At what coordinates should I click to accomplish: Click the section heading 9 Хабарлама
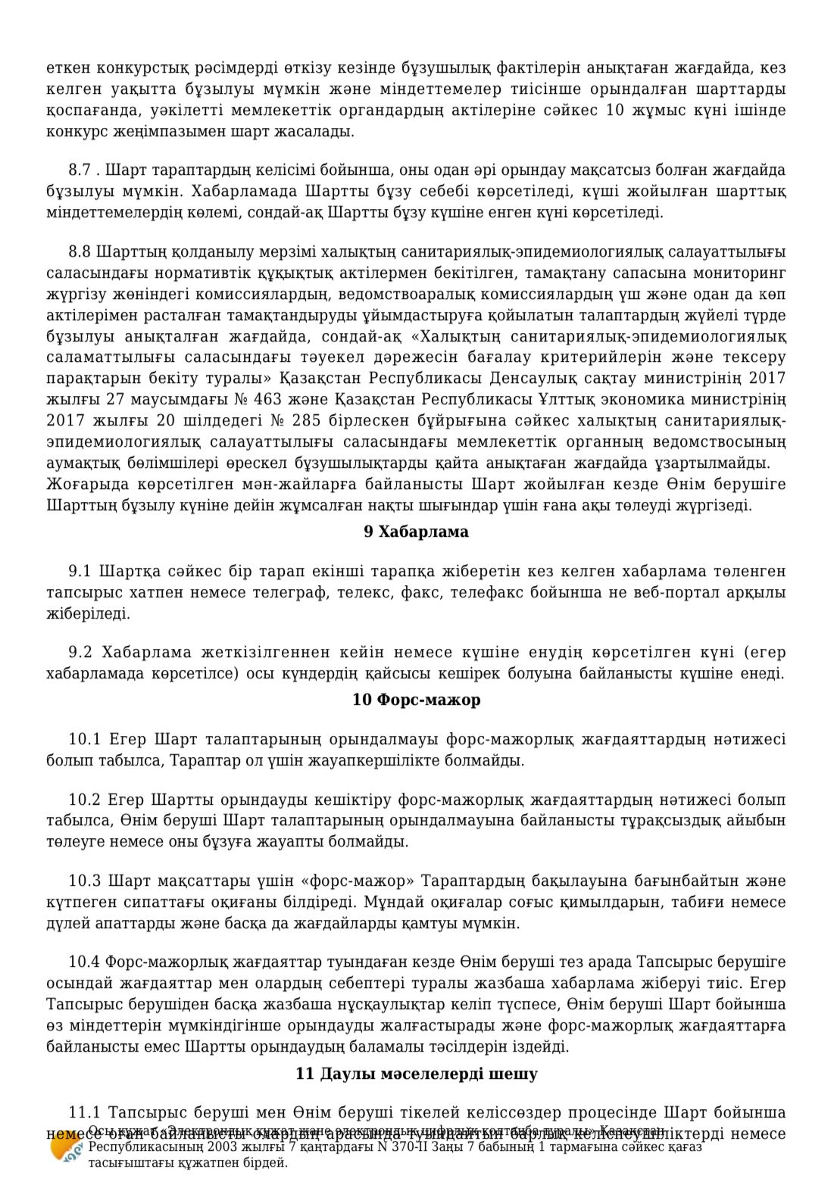point(416,532)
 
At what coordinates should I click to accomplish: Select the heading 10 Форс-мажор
point(416,700)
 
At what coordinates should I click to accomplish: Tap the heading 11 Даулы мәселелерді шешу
point(416,1074)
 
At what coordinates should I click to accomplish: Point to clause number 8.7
point(80,170)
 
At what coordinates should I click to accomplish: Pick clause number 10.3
point(84,881)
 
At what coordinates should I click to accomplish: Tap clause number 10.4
point(84,962)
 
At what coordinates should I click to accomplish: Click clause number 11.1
point(84,1112)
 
